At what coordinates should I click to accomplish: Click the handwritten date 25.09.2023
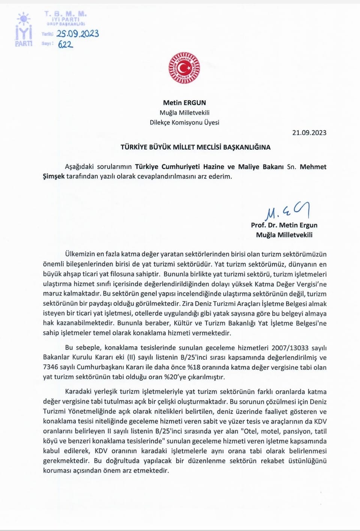pos(78,34)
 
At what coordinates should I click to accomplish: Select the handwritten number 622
pos(65,44)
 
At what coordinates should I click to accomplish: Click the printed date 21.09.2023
pos(309,133)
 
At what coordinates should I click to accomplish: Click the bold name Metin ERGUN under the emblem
pos(184,103)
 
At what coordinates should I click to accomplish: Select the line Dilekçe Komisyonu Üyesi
pos(184,122)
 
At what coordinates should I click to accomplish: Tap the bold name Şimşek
pos(54,176)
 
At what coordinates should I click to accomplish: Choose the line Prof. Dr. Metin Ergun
pos(284,225)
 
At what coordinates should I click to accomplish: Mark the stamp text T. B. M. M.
pos(66,14)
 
